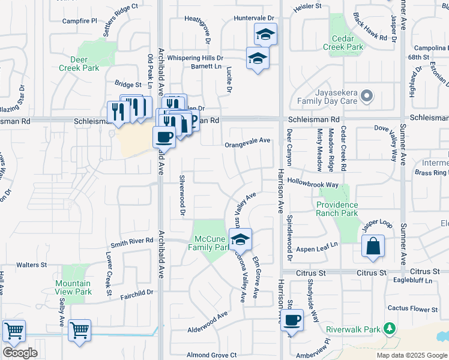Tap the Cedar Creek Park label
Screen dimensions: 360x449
343,43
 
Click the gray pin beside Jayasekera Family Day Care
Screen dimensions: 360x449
368,96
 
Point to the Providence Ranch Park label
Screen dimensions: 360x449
337,209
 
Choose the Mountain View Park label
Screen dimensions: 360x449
73,287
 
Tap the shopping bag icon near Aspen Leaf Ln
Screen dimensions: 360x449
373,246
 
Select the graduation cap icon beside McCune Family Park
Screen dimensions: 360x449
241,239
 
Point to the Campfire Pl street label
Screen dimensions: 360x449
79,21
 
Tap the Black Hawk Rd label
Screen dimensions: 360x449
370,27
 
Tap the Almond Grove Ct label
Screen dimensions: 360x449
211,355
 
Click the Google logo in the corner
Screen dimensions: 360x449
20,353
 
